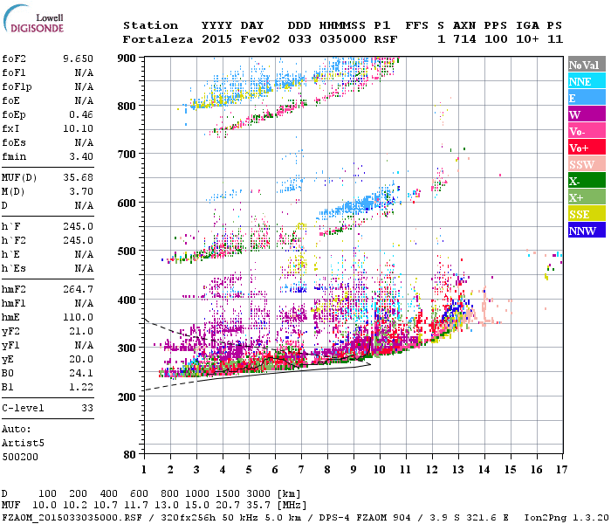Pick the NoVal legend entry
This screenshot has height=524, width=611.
tap(584, 65)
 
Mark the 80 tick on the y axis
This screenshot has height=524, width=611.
tap(129, 455)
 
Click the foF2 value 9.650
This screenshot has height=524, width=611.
tap(78, 58)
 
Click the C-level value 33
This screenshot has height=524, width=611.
tap(86, 408)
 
